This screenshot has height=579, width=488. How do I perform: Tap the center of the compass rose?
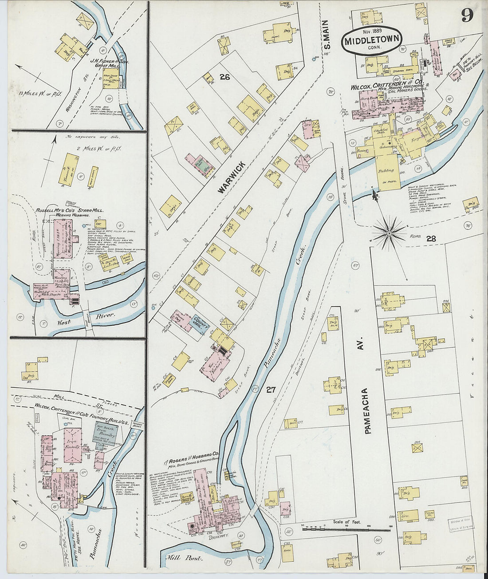pyautogui.click(x=390, y=232)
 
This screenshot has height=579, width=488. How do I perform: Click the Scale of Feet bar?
pyautogui.click(x=346, y=529)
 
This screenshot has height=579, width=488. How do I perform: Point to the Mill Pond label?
pyautogui.click(x=182, y=557)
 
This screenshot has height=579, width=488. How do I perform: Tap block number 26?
pyautogui.click(x=224, y=77)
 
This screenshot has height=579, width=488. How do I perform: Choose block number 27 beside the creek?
pyautogui.click(x=271, y=390)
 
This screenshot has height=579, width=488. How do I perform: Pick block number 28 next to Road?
pyautogui.click(x=431, y=239)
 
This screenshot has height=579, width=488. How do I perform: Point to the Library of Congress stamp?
pyautogui.click(x=460, y=524)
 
